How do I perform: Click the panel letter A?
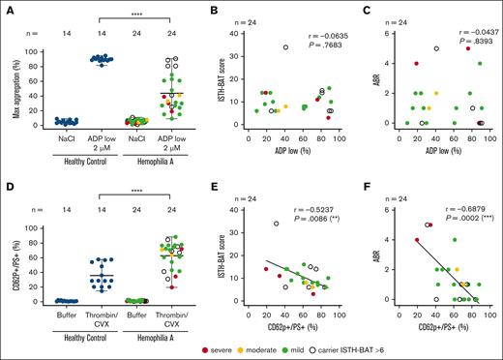click(x=6, y=7)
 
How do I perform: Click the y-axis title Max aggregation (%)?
click(x=10, y=78)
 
